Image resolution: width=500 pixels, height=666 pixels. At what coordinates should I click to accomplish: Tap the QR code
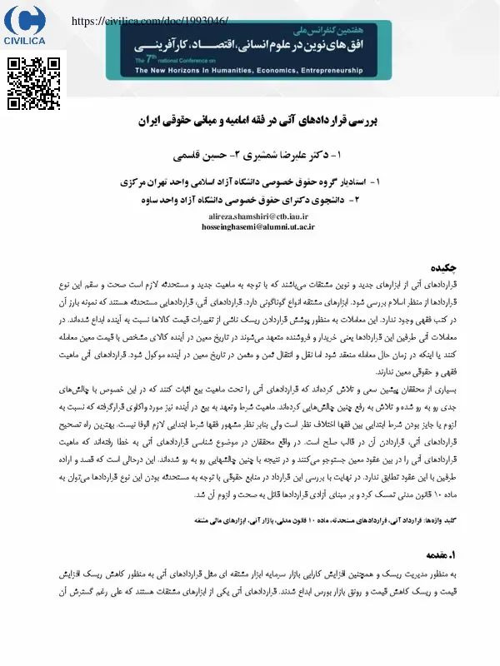pyautogui.click(x=35, y=84)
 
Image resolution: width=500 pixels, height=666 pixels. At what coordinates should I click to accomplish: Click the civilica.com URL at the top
pyautogui.click(x=150, y=21)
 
